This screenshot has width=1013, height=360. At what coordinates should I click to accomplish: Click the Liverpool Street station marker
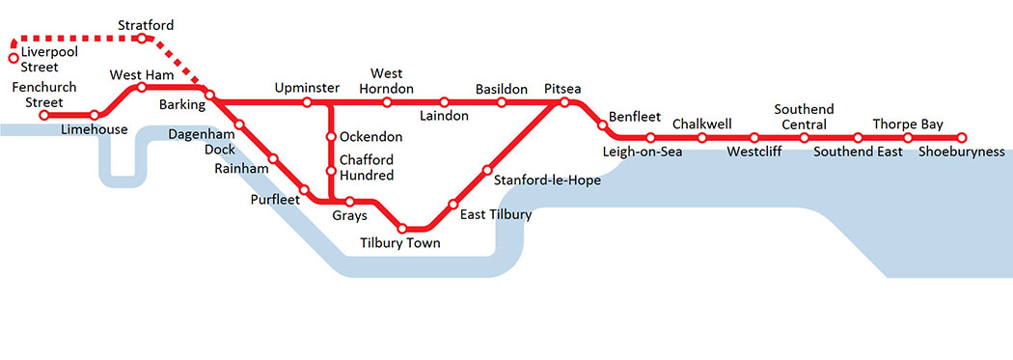(14, 58)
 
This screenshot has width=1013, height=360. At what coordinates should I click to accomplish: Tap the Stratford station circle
(142, 39)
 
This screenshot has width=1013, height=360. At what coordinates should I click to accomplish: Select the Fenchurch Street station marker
(43, 116)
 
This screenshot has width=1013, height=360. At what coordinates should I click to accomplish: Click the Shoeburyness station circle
(961, 138)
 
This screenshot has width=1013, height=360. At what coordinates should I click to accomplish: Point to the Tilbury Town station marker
(403, 229)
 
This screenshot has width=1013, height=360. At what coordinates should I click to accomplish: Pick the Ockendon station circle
(331, 137)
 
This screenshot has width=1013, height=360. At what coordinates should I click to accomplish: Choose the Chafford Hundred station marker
(331, 172)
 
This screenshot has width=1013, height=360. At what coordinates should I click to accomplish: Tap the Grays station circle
(350, 202)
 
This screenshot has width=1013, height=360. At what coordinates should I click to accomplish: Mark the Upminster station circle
(307, 102)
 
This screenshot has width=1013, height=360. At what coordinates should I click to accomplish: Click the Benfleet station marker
(602, 124)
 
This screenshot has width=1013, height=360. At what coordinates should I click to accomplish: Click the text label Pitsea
(562, 89)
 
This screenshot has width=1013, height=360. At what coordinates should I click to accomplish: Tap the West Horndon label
(387, 81)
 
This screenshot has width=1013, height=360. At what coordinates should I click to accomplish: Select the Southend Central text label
(804, 117)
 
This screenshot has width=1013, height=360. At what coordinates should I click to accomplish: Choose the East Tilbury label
(495, 214)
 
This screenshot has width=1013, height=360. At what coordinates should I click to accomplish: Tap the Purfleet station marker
(304, 190)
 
